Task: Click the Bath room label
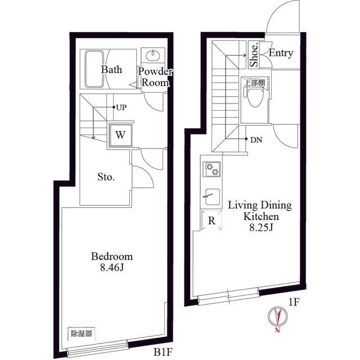[x=111, y=70]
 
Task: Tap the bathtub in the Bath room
[x=94, y=69]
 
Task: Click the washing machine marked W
[x=120, y=135]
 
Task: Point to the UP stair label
[x=121, y=107]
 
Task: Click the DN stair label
[x=256, y=140]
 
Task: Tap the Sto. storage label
[x=106, y=177]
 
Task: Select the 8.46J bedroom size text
[x=112, y=267]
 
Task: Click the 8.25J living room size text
[x=261, y=227]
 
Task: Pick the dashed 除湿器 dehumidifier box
[x=82, y=334]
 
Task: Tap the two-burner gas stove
[x=211, y=169]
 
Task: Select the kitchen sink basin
[x=212, y=196]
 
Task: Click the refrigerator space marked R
[x=211, y=220]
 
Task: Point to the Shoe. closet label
[x=254, y=55]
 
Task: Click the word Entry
[x=281, y=53]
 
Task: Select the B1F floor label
[x=163, y=352]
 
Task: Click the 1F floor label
[x=294, y=303]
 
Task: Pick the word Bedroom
[x=112, y=256]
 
